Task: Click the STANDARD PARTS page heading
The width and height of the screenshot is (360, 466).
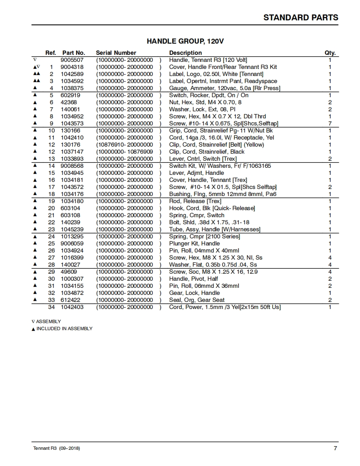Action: tap(301, 17)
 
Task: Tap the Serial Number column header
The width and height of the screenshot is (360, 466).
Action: tap(116, 53)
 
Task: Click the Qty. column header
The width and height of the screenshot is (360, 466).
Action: tap(330, 53)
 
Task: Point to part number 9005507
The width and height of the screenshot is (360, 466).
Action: tap(72, 60)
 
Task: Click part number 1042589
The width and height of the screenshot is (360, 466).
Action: tap(72, 74)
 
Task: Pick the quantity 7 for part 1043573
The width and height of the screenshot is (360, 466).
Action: tap(330, 123)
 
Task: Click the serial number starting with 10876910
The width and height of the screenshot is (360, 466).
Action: tap(125, 145)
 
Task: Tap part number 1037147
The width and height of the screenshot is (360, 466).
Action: tap(72, 152)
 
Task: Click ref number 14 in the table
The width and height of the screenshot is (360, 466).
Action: tap(52, 166)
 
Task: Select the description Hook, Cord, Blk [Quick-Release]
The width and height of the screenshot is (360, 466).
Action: tap(212, 208)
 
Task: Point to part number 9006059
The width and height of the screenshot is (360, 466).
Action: tap(72, 243)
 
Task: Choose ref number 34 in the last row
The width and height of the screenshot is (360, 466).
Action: tap(52, 307)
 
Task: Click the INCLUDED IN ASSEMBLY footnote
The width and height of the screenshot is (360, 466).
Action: tap(64, 329)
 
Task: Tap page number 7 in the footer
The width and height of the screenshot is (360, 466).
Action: tap(335, 448)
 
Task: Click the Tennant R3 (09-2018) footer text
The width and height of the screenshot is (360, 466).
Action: tap(57, 449)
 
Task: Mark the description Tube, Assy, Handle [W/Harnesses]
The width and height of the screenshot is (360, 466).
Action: tap(215, 229)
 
